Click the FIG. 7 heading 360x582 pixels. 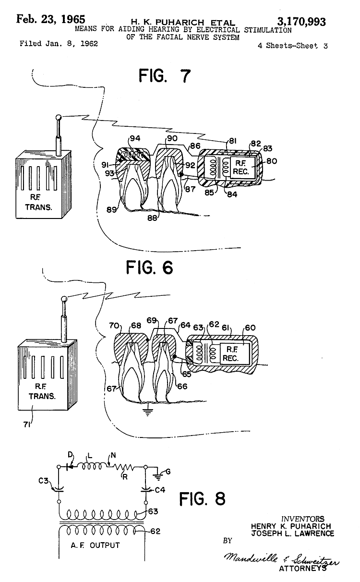pos(165,76)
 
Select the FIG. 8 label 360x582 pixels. pos(202,498)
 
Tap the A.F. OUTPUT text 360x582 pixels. pos(95,545)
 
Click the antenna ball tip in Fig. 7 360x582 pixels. pos(59,117)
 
